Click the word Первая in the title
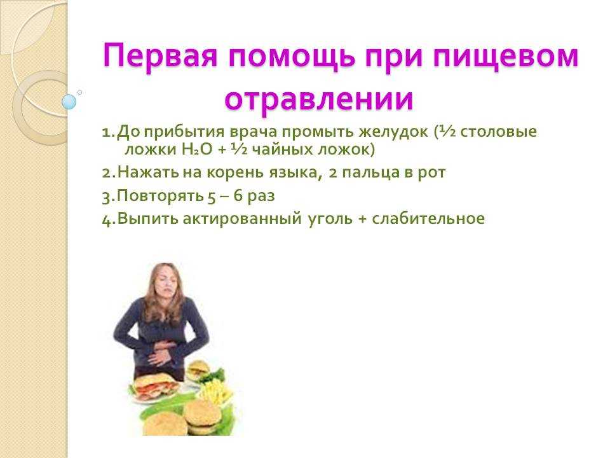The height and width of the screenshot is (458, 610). coord(160,57)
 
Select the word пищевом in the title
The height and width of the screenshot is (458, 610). coord(506,57)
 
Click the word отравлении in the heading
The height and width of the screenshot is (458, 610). coord(318,100)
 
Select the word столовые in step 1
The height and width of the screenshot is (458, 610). coord(499,132)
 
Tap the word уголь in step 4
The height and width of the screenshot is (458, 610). coord(330,218)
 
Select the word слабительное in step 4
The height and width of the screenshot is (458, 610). coord(428,218)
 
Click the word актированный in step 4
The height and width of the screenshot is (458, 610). coord(242,218)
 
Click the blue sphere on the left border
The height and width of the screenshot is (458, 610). coord(69,102)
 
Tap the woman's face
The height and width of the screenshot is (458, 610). coord(165,281)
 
